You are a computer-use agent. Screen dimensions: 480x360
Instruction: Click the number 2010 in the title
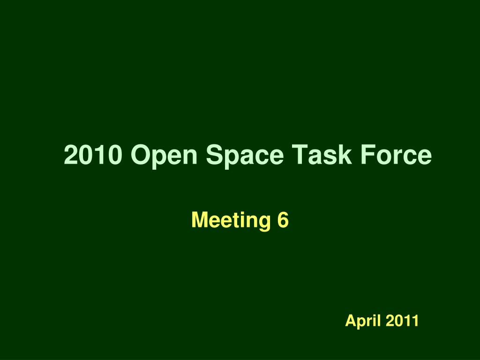93,154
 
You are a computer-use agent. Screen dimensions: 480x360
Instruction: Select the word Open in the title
164,156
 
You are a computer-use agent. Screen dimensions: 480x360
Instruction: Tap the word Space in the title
245,156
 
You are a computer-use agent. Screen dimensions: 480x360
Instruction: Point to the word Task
322,154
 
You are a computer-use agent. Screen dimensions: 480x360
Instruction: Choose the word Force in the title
396,154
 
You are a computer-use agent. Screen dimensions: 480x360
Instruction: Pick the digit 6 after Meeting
283,220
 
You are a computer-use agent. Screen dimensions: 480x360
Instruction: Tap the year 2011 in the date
402,321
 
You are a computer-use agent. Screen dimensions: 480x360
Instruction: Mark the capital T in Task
300,155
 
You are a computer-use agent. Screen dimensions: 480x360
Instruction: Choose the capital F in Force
368,155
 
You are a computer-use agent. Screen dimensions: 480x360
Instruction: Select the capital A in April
352,321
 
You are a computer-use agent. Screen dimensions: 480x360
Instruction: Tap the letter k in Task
345,155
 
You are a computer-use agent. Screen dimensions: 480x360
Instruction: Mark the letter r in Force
398,157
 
